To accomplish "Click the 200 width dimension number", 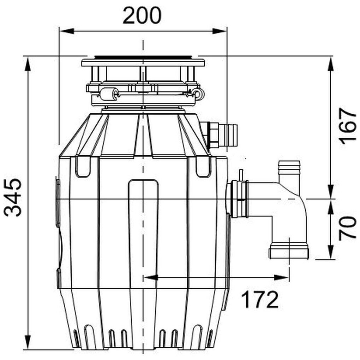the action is coord(142,16).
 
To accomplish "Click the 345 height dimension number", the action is coord(13,198).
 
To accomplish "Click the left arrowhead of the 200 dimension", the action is coord(67,31).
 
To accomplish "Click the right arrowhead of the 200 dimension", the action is coord(220,31).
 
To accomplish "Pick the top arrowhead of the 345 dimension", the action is coord(28,64).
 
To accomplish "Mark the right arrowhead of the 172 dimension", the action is coord(281,277).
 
